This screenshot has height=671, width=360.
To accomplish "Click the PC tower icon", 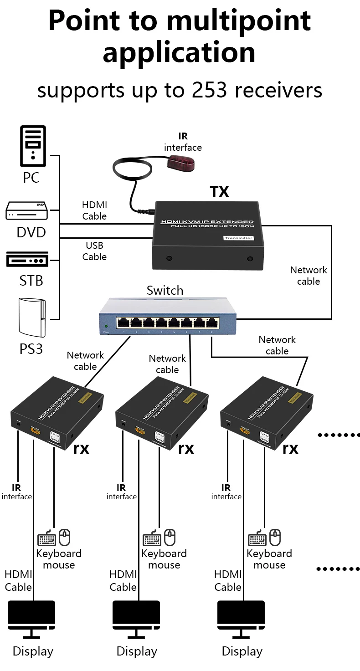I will pyautogui.click(x=33, y=146).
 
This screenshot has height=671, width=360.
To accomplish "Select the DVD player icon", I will pyautogui.click(x=26, y=210).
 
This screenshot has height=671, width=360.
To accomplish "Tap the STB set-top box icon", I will pyautogui.click(x=27, y=260).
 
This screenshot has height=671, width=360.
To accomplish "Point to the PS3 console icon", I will pyautogui.click(x=31, y=317).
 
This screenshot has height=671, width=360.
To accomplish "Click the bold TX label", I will pyautogui.click(x=219, y=192).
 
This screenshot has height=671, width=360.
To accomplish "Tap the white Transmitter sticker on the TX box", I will pyautogui.click(x=238, y=238).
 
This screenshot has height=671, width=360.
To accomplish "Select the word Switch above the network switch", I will pyautogui.click(x=165, y=291).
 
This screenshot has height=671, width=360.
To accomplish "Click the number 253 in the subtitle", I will pyautogui.click(x=209, y=90).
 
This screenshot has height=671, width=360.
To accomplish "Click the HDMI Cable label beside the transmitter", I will pyautogui.click(x=94, y=210).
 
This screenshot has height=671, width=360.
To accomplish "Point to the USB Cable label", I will pyautogui.click(x=94, y=251).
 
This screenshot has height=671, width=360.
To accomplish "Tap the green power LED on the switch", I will pyautogui.click(x=106, y=327).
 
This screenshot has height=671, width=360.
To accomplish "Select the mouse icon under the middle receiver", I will pyautogui.click(x=170, y=538).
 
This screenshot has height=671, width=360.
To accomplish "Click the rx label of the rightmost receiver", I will pyautogui.click(x=290, y=449).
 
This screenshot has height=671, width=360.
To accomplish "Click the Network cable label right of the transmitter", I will pyautogui.click(x=309, y=276).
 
